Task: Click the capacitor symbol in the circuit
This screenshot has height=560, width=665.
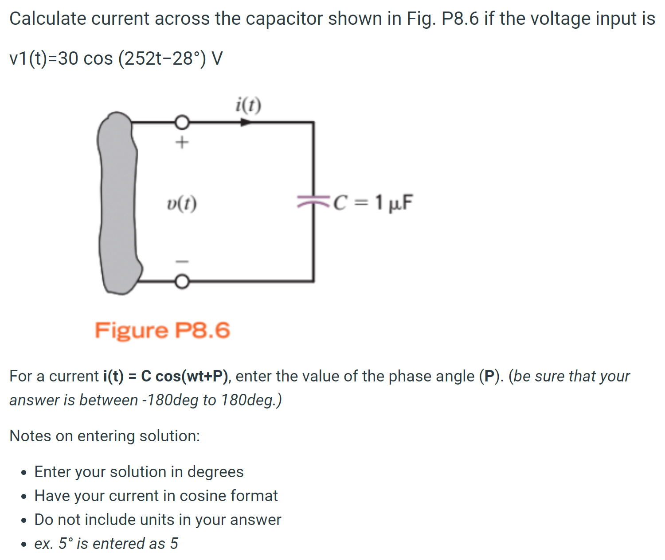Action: click(x=313, y=202)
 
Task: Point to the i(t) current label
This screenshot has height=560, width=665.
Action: click(x=248, y=105)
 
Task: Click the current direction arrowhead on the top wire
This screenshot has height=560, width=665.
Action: click(x=245, y=122)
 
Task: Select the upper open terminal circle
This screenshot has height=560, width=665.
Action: click(x=182, y=122)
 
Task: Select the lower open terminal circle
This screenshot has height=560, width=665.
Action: click(x=182, y=281)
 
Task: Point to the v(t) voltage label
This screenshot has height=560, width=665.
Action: click(x=182, y=204)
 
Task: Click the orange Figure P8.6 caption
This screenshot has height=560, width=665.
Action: click(x=162, y=331)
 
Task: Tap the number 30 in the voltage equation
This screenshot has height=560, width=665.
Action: click(x=68, y=58)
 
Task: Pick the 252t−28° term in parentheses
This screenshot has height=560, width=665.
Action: click(x=162, y=58)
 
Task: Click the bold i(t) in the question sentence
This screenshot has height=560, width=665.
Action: click(x=113, y=376)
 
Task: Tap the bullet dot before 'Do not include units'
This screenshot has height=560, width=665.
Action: click(x=24, y=520)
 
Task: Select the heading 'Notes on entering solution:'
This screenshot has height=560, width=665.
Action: click(x=105, y=436)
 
